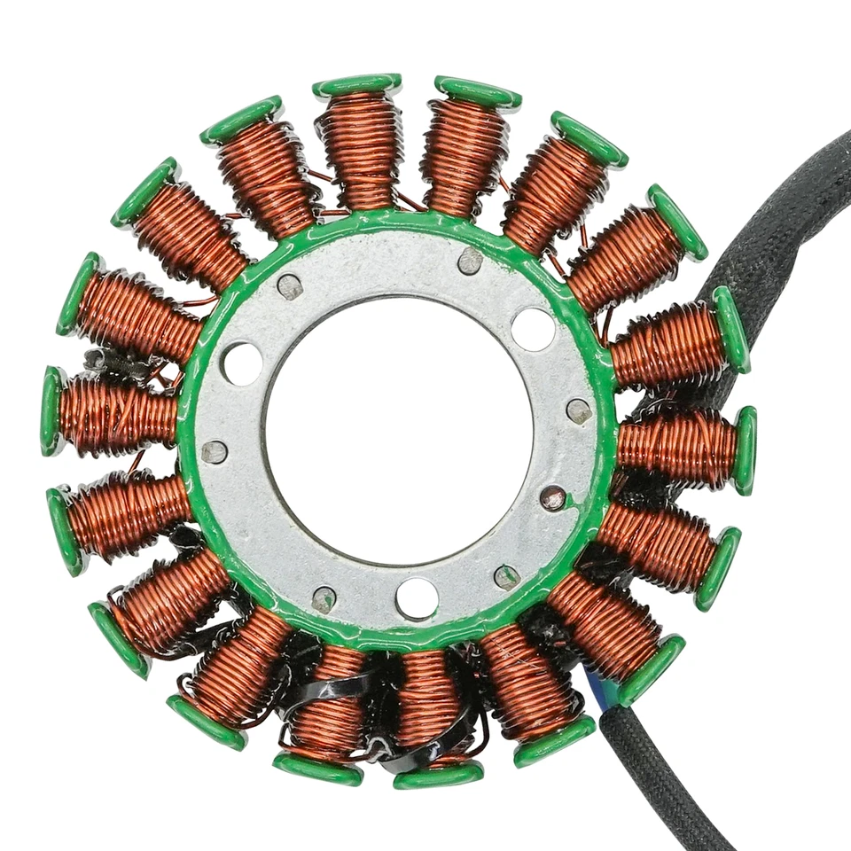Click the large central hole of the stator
click(399, 434)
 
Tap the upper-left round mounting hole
click(242, 363)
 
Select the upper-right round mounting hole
click(533, 329)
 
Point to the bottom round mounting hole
click(417, 597)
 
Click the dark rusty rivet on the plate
click(553, 498)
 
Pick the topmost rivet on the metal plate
click(471, 261)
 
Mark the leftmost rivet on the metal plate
click(214, 452)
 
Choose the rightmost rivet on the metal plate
click(578, 410)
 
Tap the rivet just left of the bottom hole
click(324, 598)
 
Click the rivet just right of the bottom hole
click(506, 576)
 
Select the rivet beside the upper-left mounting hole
click(289, 286)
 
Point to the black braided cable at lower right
click(656, 780)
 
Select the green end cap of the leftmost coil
click(51, 411)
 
